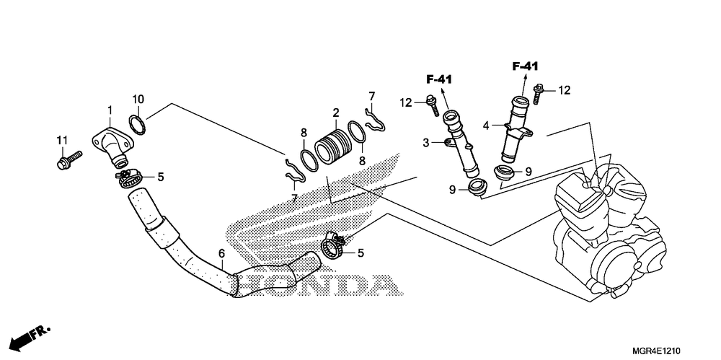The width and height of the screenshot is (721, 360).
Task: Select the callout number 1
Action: [x=110, y=110]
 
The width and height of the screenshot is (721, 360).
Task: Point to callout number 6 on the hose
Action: [x=221, y=254]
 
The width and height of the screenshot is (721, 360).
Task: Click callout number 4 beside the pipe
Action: [x=487, y=126]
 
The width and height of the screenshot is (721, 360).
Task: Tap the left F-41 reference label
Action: [x=438, y=79]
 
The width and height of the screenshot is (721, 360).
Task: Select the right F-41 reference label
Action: [x=526, y=66]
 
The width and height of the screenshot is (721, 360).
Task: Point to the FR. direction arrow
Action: [x=29, y=336]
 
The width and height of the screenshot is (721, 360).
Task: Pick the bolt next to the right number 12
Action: [x=538, y=92]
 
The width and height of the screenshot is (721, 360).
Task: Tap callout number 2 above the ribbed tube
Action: [x=335, y=113]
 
